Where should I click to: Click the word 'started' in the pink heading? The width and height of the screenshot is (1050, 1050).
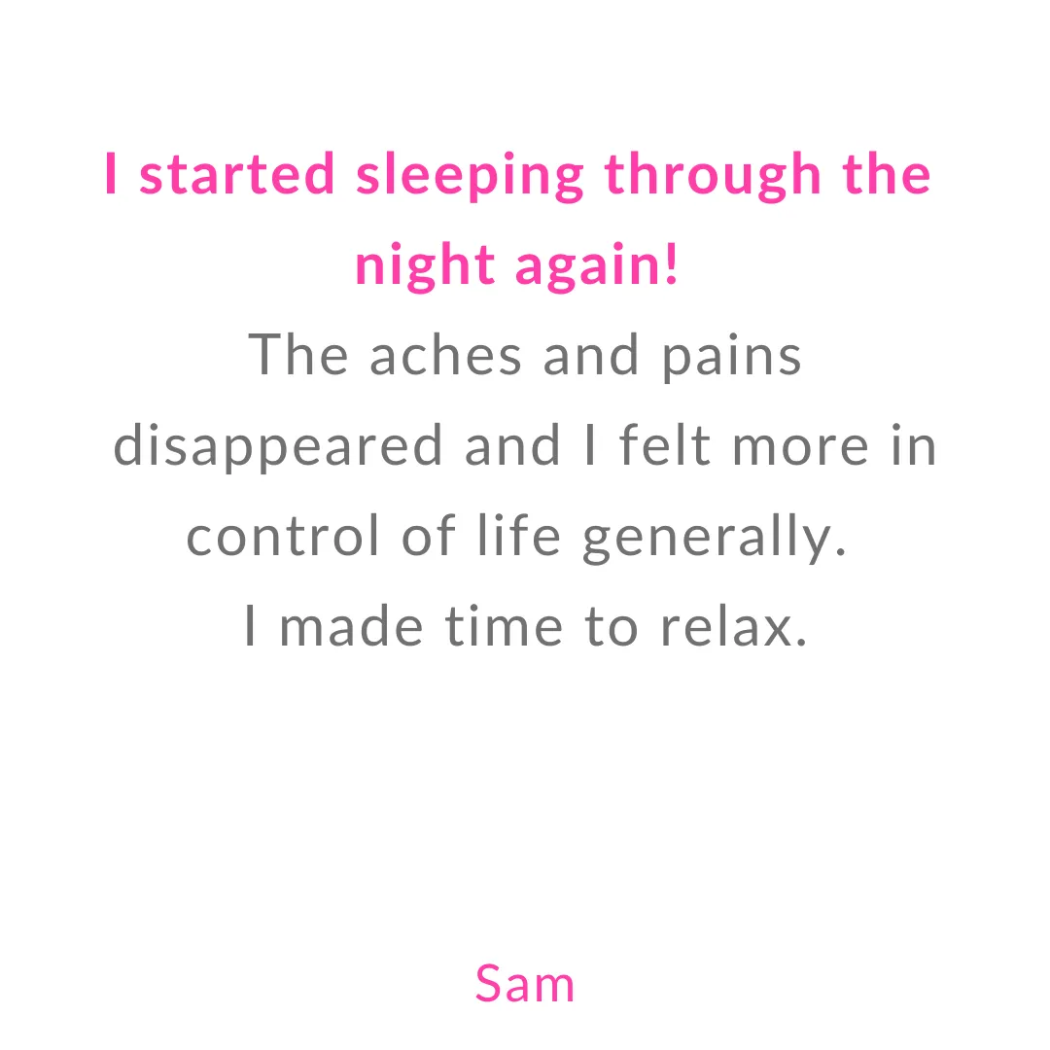(237, 174)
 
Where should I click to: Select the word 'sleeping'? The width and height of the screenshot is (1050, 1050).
(470, 176)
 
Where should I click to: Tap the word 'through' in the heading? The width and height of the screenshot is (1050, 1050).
(713, 176)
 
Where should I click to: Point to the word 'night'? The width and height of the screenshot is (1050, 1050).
(425, 266)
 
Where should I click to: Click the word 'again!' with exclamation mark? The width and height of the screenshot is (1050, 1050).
(597, 266)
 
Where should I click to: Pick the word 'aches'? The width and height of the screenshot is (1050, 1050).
(445, 356)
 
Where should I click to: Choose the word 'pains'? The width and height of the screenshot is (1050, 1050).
(731, 359)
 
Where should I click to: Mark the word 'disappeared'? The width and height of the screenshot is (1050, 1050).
(278, 447)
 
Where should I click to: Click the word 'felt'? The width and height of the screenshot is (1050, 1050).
(664, 444)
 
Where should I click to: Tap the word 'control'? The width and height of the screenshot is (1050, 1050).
(283, 535)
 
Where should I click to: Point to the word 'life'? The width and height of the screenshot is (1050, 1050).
(519, 535)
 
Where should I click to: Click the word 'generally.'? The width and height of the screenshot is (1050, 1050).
(715, 539)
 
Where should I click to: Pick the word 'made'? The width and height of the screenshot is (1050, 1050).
(351, 625)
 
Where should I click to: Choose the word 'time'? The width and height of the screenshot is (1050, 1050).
(504, 625)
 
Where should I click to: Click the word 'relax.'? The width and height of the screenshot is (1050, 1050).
(734, 625)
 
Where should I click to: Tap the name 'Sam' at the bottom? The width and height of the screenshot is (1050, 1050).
(525, 984)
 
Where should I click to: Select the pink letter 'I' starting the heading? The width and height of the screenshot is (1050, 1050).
(111, 173)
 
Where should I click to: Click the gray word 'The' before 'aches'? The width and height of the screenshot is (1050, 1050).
(298, 354)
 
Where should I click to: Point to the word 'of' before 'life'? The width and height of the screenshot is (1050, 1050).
(429, 535)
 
